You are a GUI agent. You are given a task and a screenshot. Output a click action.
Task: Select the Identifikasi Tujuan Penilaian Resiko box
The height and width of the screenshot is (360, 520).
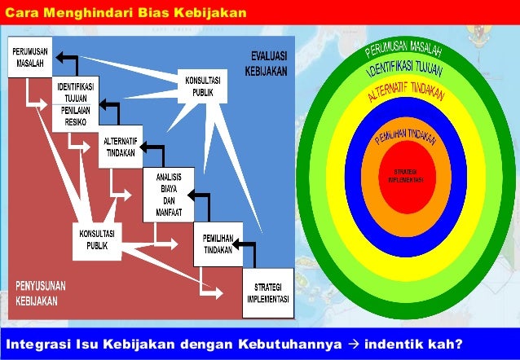coord(75,100)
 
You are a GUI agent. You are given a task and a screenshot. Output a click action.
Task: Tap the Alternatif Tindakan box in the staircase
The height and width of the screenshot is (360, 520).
coord(121,145)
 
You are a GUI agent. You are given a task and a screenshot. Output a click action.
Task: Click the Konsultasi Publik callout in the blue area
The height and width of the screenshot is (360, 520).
coord(202,87)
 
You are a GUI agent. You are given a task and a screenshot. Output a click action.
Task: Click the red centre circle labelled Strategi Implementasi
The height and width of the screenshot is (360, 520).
coord(405,176)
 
